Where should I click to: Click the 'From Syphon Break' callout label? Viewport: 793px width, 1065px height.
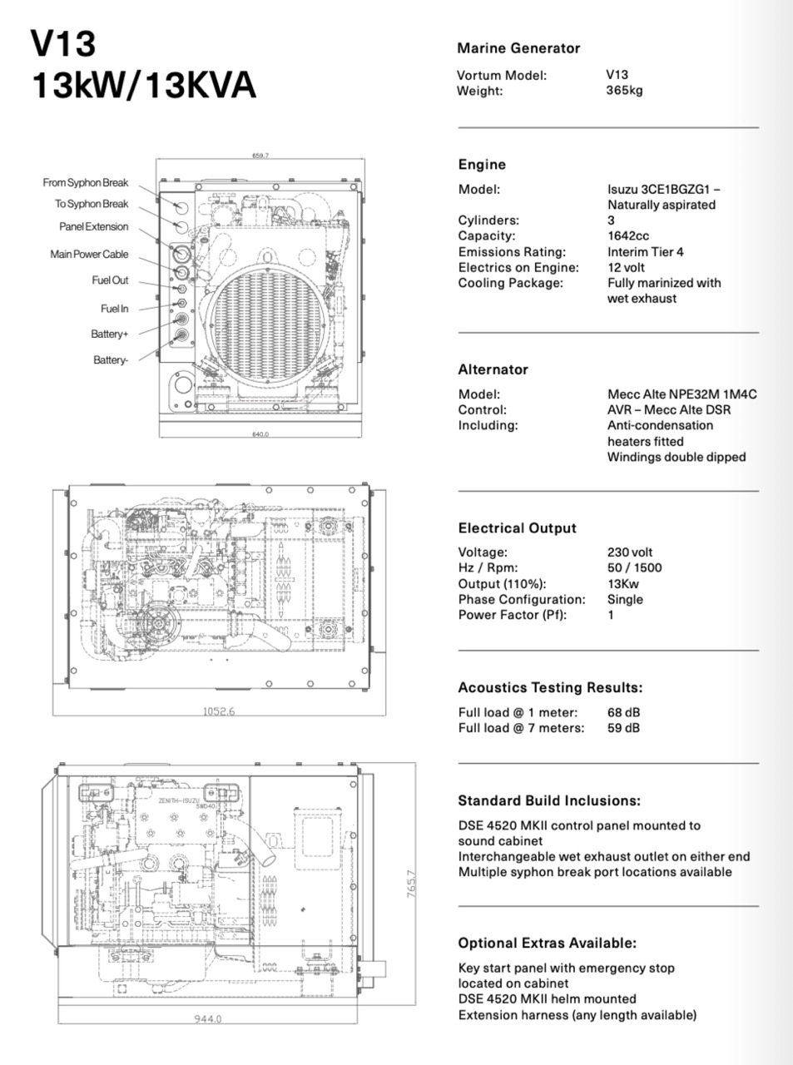(86, 183)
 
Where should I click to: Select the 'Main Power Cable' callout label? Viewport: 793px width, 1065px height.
(89, 255)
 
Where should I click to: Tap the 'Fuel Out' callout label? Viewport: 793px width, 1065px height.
(110, 281)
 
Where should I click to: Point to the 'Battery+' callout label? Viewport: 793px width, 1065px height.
(110, 334)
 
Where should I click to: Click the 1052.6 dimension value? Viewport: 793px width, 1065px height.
(219, 711)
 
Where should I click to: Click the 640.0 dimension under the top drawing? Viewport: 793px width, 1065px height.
(260, 434)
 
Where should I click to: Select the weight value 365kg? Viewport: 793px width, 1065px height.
(624, 91)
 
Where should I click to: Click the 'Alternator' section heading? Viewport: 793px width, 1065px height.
(493, 369)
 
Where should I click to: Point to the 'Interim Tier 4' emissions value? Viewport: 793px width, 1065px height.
(645, 252)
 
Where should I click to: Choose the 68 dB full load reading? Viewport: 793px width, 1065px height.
(623, 712)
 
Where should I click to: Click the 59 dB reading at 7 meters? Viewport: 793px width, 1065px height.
(623, 728)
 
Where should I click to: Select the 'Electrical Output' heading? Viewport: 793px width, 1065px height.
(517, 528)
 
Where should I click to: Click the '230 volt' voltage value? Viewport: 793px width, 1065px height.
(630, 552)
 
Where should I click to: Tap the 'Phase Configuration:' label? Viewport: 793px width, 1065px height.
(521, 600)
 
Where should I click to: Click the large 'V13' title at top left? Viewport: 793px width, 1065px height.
(63, 44)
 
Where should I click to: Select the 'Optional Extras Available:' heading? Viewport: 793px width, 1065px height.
(547, 944)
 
